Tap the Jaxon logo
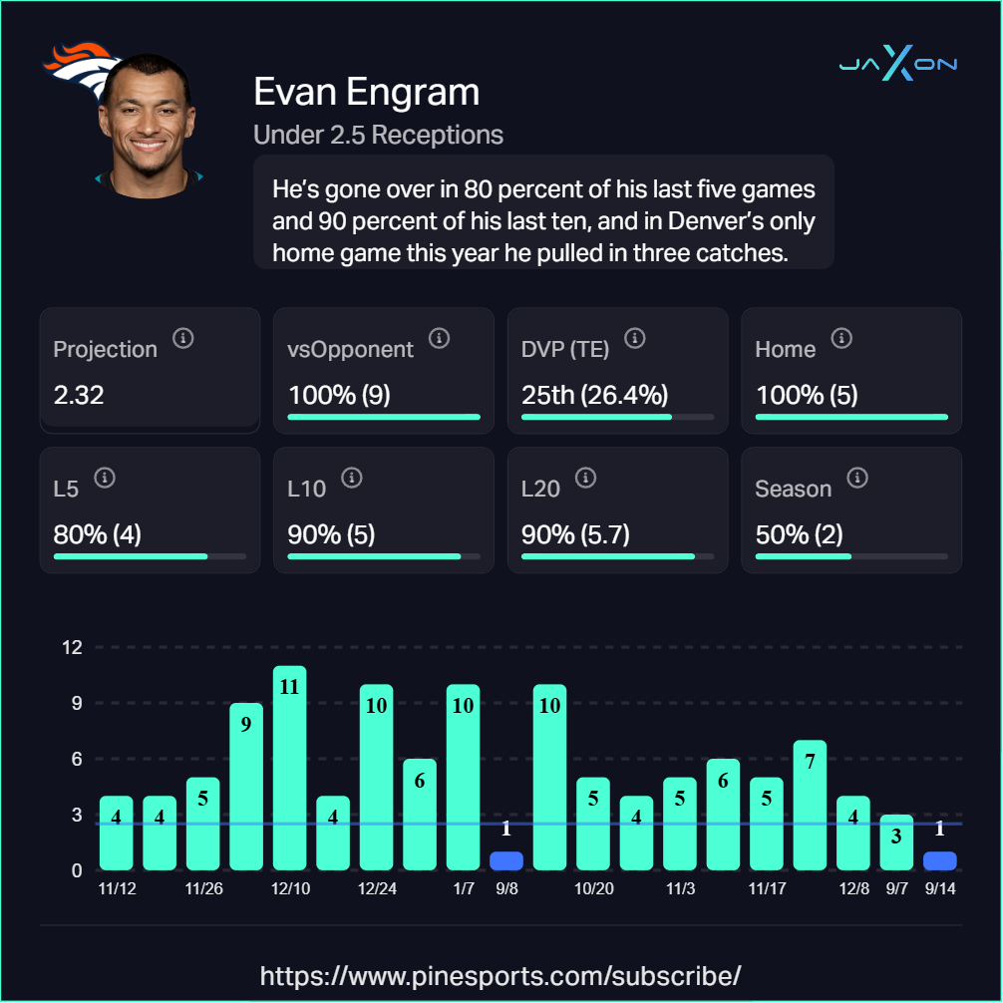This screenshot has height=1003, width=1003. pos(897,65)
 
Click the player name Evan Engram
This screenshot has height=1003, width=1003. pos(366,93)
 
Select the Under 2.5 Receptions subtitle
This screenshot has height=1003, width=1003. pos(378,135)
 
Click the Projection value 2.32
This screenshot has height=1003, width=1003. pos(79,395)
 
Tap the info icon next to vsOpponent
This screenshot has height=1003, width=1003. pos(439,339)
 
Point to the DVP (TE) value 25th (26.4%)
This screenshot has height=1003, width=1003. pos(594,395)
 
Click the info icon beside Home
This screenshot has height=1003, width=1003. pos(841,339)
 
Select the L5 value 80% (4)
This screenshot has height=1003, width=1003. pos(98,534)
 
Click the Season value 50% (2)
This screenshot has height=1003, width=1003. pos(800,534)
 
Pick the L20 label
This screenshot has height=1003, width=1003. pos(540,489)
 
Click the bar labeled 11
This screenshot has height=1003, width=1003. pos(289,768)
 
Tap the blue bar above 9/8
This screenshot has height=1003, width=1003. pos(506,859)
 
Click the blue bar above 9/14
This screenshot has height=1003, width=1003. pos(939,859)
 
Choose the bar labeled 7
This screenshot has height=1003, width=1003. pos(810,805)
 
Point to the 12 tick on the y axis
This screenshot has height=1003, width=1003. pos(71,647)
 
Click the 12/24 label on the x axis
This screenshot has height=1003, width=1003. pos(376,888)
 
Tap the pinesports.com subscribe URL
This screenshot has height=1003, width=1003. pos(501,974)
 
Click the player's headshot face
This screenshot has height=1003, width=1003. pos(150,125)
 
